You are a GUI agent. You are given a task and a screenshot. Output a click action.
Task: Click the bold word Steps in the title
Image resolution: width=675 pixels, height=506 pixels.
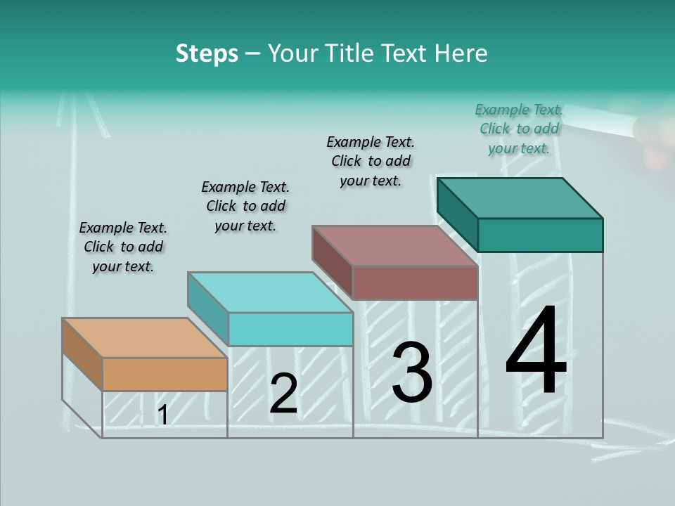point(207,53)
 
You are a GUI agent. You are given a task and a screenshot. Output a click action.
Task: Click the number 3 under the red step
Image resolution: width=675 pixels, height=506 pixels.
point(412,373)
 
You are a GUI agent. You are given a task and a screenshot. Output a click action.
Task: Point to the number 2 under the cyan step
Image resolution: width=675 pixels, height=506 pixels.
point(283,394)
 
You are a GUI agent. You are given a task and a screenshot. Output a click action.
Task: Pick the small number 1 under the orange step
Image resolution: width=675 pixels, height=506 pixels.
point(162,415)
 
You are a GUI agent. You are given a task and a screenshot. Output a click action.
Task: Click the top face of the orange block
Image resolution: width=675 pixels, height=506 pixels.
point(144,338)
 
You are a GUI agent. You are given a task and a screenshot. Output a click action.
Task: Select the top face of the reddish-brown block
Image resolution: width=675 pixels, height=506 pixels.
point(394,246)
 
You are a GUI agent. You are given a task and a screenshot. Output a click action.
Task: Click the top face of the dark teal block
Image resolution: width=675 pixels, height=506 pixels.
point(520,197)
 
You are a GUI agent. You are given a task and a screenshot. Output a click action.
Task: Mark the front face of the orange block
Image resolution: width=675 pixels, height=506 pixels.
point(165,374)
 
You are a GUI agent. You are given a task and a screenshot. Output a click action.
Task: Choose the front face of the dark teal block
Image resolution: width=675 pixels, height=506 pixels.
point(540,235)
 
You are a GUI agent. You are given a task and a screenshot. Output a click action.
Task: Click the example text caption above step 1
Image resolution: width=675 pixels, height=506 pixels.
point(123,247)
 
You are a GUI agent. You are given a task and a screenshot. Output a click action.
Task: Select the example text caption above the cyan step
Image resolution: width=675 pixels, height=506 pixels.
point(245,206)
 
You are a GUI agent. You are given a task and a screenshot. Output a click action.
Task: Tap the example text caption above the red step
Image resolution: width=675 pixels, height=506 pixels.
point(371,161)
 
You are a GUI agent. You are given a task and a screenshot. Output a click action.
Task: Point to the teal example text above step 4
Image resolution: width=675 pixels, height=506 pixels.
point(519,129)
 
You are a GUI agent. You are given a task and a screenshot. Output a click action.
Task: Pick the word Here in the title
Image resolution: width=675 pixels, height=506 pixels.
point(461,53)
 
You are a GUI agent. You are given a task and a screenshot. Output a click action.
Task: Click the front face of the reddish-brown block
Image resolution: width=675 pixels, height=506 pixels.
point(415,283)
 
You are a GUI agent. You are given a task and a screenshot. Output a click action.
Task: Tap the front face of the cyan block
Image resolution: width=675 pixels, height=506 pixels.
point(290,329)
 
